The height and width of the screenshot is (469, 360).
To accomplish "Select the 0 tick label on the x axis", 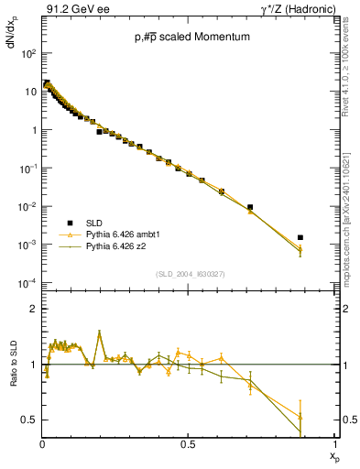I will point(42,444).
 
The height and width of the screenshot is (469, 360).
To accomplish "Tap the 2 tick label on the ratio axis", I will point(33,310).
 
